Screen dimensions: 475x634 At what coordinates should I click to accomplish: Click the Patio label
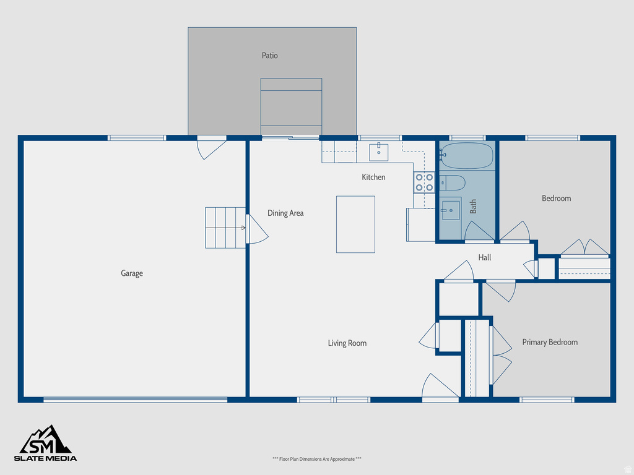[x=269, y=56]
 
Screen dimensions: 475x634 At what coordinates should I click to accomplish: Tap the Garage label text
[x=132, y=273]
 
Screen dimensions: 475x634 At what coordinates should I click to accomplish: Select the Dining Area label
[x=285, y=213]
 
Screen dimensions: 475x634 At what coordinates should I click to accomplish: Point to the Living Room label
[x=347, y=343]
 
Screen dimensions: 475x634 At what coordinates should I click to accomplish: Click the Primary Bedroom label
[x=550, y=342]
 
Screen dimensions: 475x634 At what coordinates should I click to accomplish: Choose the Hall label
[x=485, y=257]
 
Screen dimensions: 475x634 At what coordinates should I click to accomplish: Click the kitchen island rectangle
[x=355, y=224]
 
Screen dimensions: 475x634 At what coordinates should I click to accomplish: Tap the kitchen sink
[x=379, y=152]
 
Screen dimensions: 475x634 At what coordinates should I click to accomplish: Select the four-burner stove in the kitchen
[x=424, y=182]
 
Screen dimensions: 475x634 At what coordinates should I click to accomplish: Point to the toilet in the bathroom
[x=453, y=182]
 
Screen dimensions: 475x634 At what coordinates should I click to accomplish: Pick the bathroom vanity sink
[x=451, y=210]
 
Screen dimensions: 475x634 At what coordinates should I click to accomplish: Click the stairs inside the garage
[x=225, y=228]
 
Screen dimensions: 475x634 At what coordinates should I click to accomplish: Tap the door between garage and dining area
[x=256, y=229]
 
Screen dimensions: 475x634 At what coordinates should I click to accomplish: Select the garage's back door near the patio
[x=211, y=148]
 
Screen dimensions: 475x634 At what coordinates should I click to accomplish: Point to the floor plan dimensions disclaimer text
[x=316, y=459]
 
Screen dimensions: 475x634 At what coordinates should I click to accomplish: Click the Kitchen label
[x=373, y=178]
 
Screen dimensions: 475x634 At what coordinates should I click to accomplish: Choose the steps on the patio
[x=291, y=106]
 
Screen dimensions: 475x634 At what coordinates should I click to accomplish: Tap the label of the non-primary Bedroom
[x=556, y=199]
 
